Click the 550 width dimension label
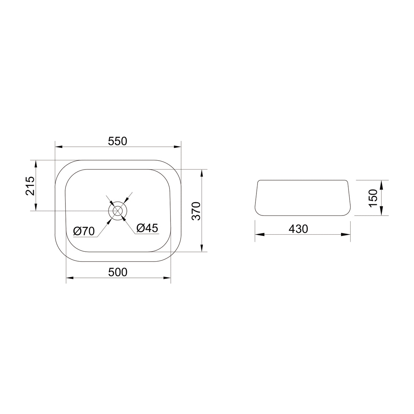coord(118,142)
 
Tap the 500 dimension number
coord(118,272)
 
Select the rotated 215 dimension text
coord(30,186)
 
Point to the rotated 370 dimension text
coord(196,211)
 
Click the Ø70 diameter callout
coord(84,231)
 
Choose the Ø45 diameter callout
coord(147,228)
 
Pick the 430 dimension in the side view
coord(298,229)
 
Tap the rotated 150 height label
coord(373,198)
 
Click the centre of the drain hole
coord(118,211)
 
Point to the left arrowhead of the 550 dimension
coord(59,147)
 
